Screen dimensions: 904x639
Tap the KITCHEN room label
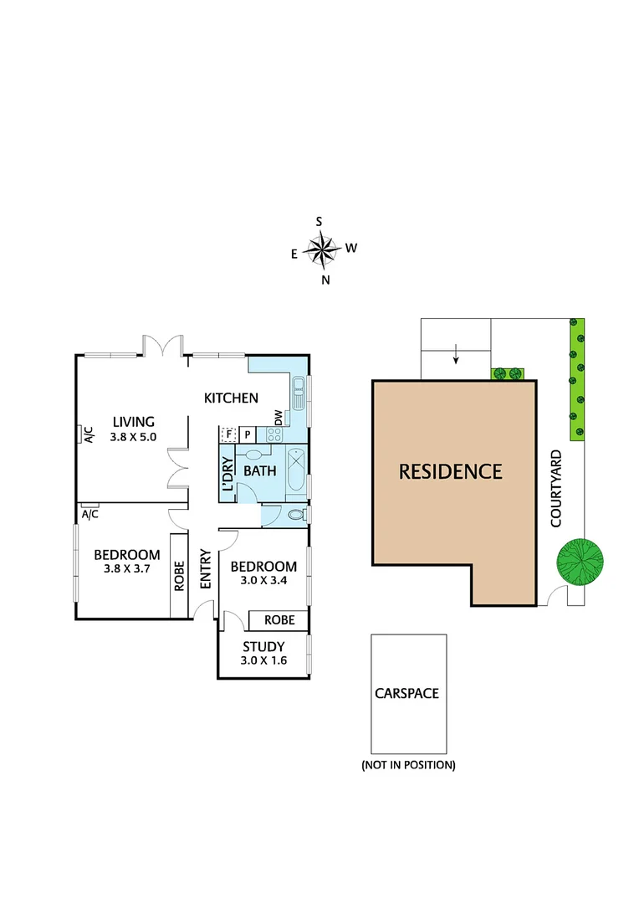coord(232,398)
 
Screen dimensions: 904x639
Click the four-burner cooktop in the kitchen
coord(273,434)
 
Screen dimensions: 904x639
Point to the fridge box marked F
coord(227,434)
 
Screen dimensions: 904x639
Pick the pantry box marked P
coord(248,434)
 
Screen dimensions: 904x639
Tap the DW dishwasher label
coord(278,416)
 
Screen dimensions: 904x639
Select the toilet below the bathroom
coord(295,516)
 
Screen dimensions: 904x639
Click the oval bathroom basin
coord(254,455)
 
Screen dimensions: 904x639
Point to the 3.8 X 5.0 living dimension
coord(134,436)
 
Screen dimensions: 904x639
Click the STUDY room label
coord(263,646)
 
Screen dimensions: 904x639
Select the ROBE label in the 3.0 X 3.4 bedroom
coord(279,620)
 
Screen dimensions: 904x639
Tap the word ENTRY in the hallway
coord(205,568)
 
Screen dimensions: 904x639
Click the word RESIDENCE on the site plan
coord(450,471)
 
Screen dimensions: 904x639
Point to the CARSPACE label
coord(407,693)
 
